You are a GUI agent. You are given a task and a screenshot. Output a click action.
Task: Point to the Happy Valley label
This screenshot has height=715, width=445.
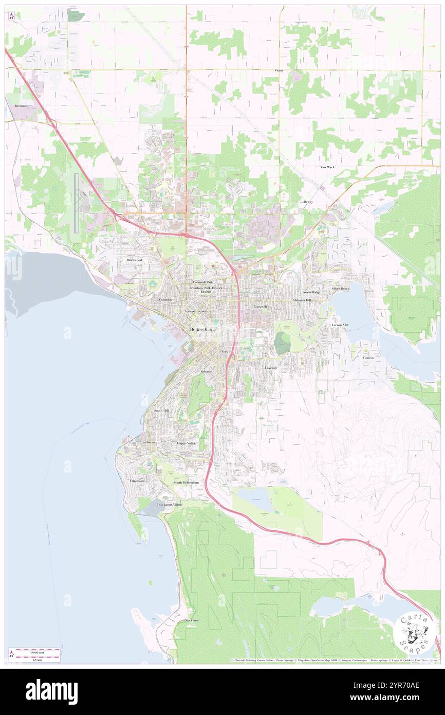pyautogui.click(x=186, y=443)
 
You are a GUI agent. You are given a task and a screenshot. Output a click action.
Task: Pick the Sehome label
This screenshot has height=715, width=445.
pyautogui.click(x=206, y=371)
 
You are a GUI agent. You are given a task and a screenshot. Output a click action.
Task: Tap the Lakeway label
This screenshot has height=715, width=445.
pyautogui.click(x=271, y=368)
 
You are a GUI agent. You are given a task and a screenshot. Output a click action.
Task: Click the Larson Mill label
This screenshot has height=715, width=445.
pyautogui.click(x=340, y=325)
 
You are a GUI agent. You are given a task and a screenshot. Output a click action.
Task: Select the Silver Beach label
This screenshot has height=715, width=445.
pyautogui.click(x=340, y=289)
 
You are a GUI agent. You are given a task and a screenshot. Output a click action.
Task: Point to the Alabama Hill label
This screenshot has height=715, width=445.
pyautogui.click(x=302, y=299)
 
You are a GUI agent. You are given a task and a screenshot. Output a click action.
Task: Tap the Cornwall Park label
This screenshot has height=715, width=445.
pyautogui.click(x=203, y=282)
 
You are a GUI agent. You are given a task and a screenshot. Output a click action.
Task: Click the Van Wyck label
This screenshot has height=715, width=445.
pyautogui.click(x=327, y=167)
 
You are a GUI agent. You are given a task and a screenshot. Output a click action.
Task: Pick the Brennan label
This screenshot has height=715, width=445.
pyautogui.click(x=21, y=105)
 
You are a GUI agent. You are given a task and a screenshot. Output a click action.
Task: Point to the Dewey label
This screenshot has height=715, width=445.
pyautogui.click(x=308, y=202)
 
